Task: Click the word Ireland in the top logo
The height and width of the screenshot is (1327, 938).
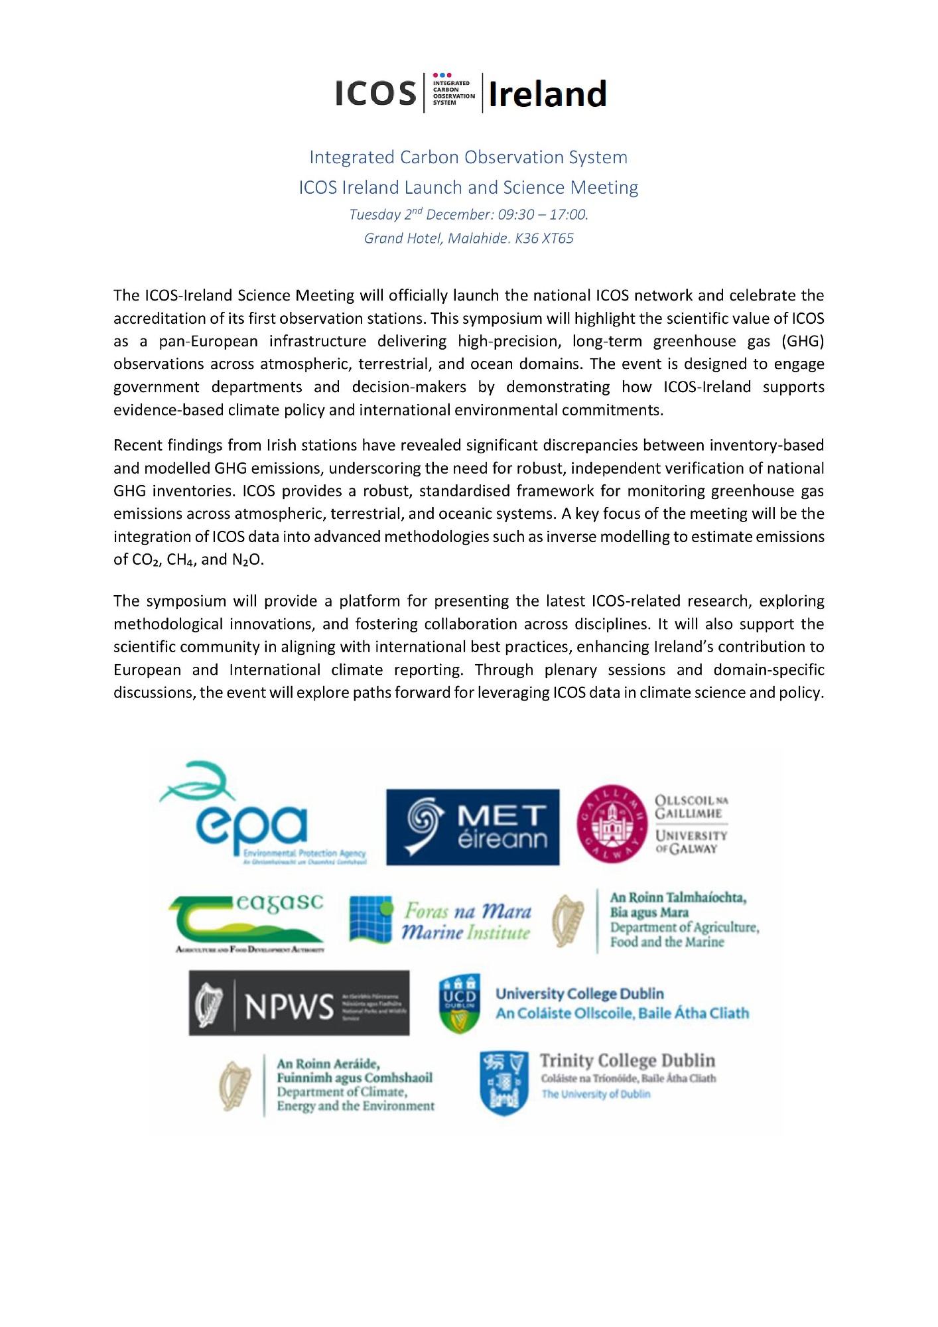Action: tap(547, 94)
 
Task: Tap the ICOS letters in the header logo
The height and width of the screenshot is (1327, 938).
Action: tap(375, 94)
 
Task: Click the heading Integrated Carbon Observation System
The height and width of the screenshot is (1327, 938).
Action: tap(468, 157)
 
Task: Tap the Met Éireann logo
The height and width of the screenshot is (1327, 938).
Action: tap(472, 827)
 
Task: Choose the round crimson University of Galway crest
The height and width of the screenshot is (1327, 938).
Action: tap(612, 824)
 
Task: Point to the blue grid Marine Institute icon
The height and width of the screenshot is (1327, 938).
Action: tap(371, 920)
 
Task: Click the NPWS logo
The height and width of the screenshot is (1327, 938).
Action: tap(299, 1003)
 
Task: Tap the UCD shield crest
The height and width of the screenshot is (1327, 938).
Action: tap(460, 1003)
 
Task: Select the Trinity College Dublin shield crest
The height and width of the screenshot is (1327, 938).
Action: tap(503, 1082)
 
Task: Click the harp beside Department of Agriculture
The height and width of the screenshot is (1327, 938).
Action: tap(568, 921)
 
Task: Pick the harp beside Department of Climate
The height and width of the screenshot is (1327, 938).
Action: tap(235, 1085)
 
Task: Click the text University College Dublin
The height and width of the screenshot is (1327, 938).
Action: tap(579, 993)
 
